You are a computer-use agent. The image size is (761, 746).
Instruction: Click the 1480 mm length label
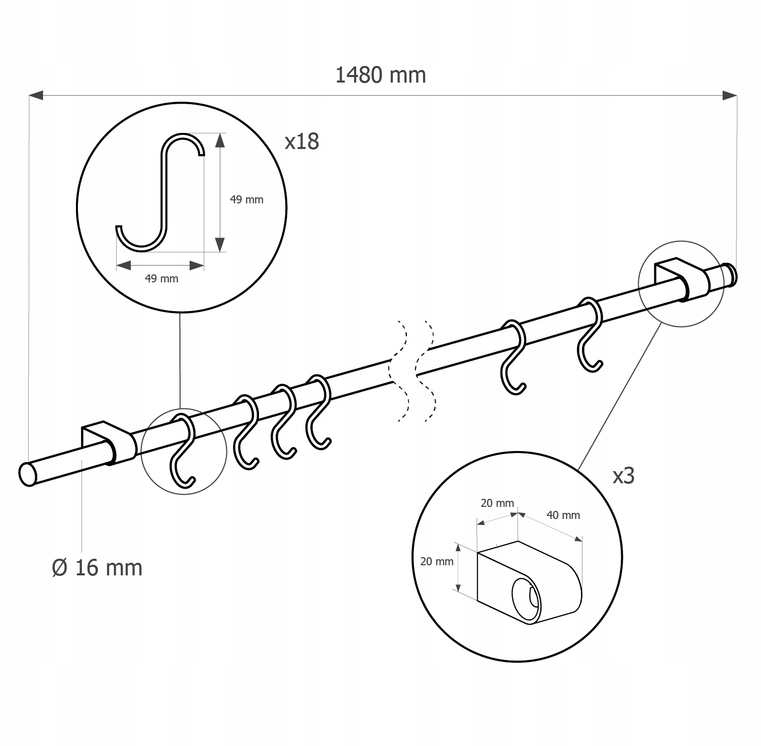point(380,75)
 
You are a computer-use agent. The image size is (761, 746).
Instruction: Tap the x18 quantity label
point(302,141)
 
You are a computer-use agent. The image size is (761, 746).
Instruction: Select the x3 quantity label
point(623,475)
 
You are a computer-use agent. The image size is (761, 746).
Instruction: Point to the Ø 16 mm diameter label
point(98,567)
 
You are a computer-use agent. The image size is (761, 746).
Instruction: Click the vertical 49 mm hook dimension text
point(246,199)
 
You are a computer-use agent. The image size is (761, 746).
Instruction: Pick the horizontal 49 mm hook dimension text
point(161,278)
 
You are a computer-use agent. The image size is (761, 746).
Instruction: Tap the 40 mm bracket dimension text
point(563,515)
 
